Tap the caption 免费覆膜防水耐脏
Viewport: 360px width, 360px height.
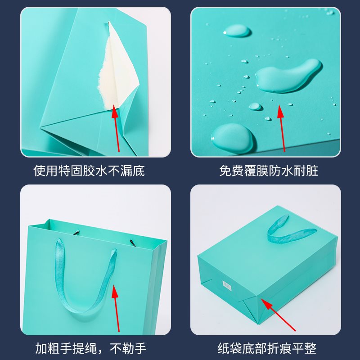pyautogui.click(x=269, y=171)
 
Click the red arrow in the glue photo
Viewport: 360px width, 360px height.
pyautogui.click(x=116, y=128)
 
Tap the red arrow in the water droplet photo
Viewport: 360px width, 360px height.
pyautogui.click(x=282, y=128)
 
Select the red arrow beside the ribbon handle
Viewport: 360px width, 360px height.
pyautogui.click(x=117, y=306)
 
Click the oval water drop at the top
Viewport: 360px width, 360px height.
pyautogui.click(x=237, y=31)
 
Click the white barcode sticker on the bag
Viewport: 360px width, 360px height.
pyautogui.click(x=227, y=285)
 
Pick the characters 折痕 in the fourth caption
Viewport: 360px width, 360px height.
pyautogui.click(x=279, y=348)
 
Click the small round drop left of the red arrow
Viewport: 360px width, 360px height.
pyautogui.click(x=255, y=107)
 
